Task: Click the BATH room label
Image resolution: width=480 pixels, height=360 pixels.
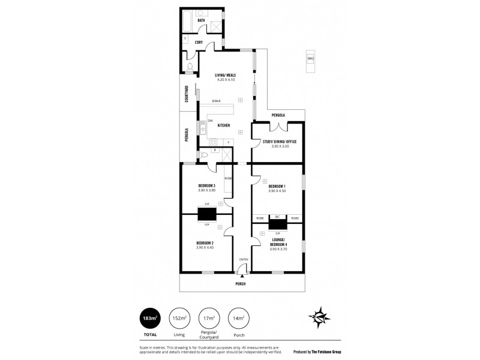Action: (202, 20)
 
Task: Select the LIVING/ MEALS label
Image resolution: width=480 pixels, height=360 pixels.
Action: (225, 75)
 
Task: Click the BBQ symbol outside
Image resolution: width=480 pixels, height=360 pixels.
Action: (310, 58)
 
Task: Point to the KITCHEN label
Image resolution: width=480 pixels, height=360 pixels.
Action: (224, 125)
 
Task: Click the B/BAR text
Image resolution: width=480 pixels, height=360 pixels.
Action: (216, 101)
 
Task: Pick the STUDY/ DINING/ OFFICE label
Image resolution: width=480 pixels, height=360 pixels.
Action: (280, 142)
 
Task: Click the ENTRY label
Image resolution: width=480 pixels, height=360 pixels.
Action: (244, 259)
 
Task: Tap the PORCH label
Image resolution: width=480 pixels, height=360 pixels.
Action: (241, 283)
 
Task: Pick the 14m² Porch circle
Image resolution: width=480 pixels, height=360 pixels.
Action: (239, 318)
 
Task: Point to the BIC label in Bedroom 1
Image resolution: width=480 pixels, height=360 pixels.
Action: (277, 217)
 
